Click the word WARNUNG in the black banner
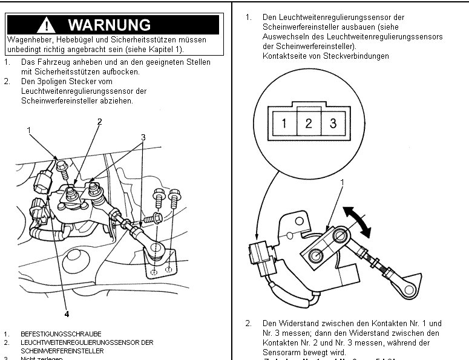click(109, 25)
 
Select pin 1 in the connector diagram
click(284, 124)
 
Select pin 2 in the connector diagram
click(309, 124)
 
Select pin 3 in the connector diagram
click(333, 124)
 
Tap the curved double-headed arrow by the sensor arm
click(358, 222)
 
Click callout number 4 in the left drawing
click(67, 314)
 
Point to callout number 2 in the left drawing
click(99, 122)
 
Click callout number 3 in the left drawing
click(143, 137)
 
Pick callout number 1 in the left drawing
click(28, 130)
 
